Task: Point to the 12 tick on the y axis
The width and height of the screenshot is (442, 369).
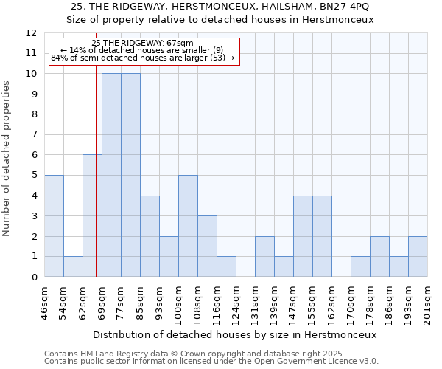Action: [31, 33]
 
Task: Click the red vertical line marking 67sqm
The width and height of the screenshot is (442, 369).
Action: [96, 184]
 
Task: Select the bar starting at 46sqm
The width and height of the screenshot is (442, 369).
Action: [54, 226]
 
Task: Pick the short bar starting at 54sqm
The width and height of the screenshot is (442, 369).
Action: [73, 266]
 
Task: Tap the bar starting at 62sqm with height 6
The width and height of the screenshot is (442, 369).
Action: [92, 215]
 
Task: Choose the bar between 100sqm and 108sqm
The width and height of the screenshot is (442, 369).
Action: [188, 226]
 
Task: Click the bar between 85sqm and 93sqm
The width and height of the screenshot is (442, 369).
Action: [150, 236]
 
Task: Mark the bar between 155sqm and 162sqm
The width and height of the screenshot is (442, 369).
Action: [322, 236]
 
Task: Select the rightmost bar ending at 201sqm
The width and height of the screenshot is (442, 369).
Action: [418, 256]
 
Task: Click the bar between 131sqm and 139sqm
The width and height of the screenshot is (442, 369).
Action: [264, 256]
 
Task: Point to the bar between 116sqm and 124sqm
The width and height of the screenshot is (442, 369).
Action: [226, 266]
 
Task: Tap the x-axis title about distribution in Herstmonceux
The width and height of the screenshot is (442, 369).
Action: [235, 334]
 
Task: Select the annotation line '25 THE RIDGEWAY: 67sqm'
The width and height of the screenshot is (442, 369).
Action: [144, 44]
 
